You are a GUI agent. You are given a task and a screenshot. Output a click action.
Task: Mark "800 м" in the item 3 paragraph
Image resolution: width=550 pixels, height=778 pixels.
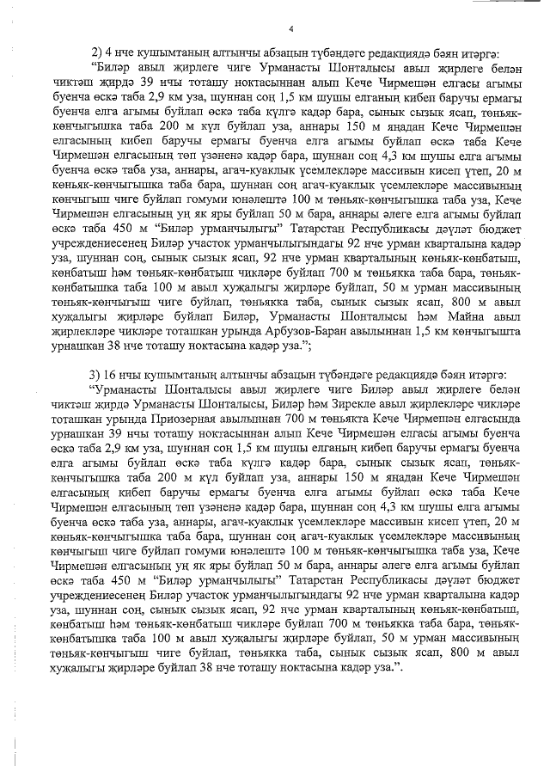[459, 654]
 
